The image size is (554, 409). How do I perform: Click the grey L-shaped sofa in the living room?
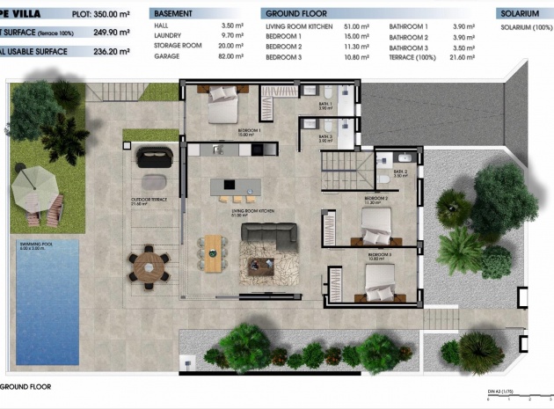(268, 235)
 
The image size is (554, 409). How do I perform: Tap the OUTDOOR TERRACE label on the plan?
(149, 199)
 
